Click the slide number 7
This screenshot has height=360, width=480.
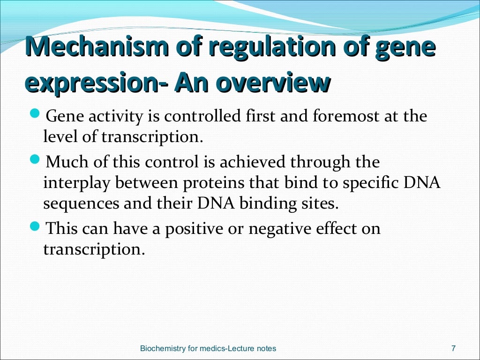click(x=453, y=348)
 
